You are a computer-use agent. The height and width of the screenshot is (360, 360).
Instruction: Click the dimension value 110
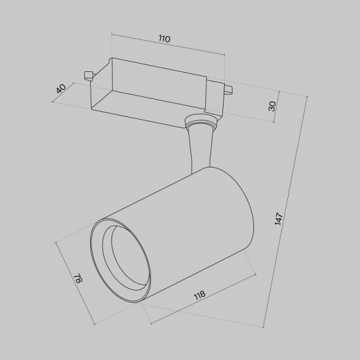tap(163, 40)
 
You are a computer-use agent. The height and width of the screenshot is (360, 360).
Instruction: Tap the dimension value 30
tap(272, 106)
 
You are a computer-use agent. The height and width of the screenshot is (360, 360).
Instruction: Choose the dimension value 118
tap(200, 296)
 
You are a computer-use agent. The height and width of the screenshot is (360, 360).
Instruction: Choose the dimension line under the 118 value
tap(201, 308)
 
